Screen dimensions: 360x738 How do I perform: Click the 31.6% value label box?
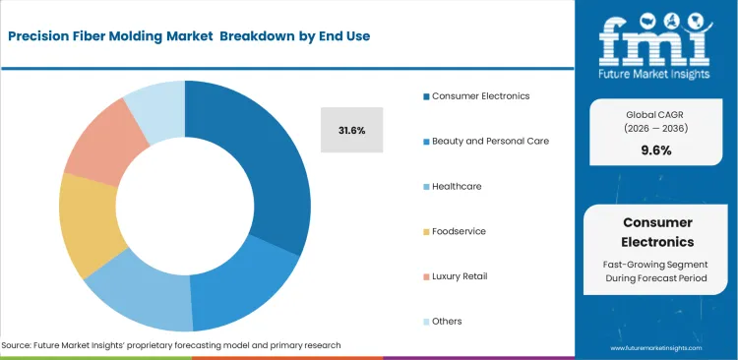click(351, 130)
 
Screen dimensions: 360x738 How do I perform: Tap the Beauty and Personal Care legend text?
click(488, 141)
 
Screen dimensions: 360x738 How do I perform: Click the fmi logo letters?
click(655, 40)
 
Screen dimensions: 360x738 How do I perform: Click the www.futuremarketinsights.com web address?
click(656, 348)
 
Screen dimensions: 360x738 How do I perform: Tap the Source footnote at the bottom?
click(172, 345)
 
